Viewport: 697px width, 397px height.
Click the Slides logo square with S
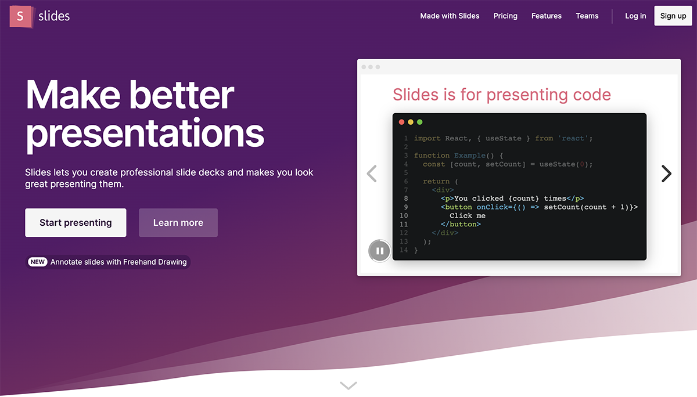[x=20, y=16]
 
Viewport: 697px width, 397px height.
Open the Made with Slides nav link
[x=450, y=16]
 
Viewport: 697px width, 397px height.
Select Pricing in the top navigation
[x=505, y=16]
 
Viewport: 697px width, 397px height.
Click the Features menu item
[x=547, y=16]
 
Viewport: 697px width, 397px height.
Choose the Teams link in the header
[x=587, y=16]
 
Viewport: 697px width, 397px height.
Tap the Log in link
[x=635, y=16]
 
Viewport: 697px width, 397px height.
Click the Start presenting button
[x=76, y=223]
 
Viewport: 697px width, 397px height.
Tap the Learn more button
[x=178, y=223]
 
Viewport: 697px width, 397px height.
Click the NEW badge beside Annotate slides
[x=38, y=262]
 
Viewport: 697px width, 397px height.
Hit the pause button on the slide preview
[x=379, y=251]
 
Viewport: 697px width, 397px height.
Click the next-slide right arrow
[x=666, y=174]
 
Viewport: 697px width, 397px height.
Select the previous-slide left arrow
[x=372, y=174]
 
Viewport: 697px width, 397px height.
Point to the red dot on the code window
[x=401, y=122]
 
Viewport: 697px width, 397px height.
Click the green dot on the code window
[x=419, y=122]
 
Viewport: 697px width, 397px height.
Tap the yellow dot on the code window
[x=411, y=122]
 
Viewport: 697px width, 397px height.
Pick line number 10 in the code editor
[x=404, y=215]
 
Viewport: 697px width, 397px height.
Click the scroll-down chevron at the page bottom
[x=348, y=385]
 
